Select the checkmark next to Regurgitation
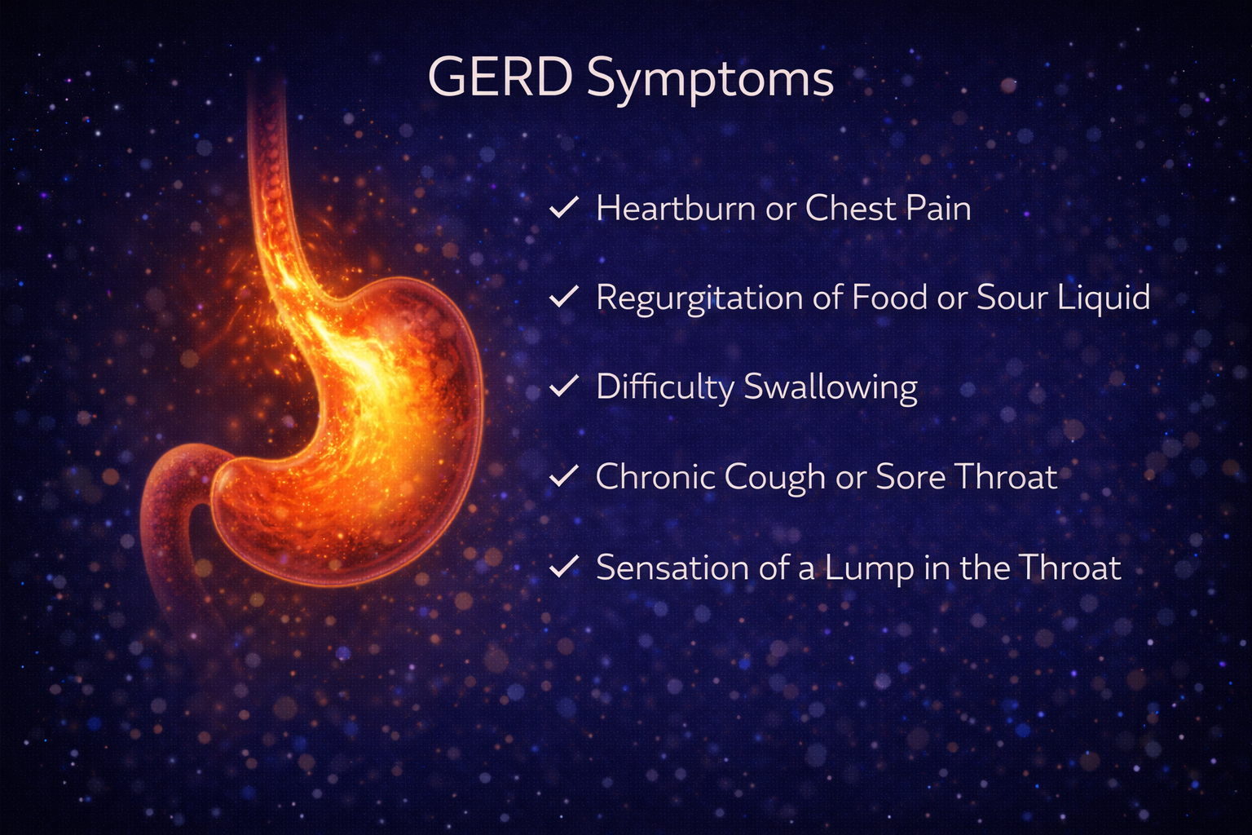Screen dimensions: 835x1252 click(563, 297)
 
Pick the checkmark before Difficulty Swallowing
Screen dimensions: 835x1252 click(563, 386)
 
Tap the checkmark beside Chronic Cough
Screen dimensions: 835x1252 click(563, 475)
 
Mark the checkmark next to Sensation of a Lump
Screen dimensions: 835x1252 click(563, 566)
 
